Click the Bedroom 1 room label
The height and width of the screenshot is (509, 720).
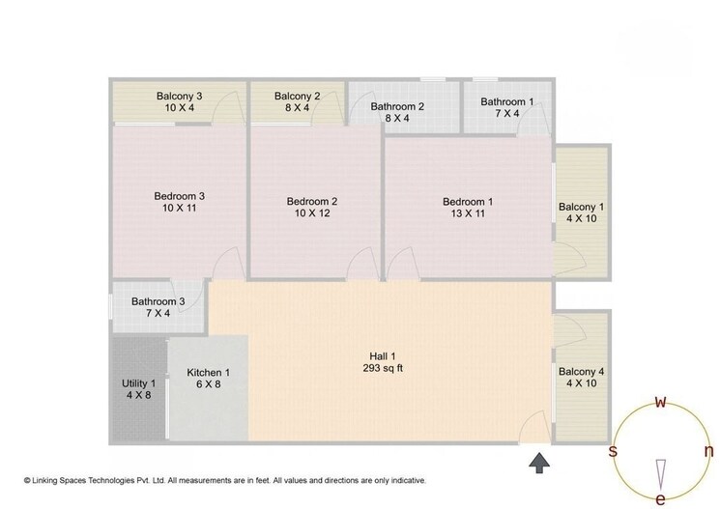pos(468,202)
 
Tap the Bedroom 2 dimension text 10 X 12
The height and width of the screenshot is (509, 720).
pos(312,212)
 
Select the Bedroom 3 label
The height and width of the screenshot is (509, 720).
pos(179,196)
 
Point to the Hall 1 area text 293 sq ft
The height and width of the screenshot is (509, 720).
pos(383,368)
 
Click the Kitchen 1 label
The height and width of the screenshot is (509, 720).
pos(208,372)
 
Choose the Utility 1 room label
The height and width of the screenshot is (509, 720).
pos(138,383)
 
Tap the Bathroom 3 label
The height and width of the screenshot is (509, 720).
pos(158,301)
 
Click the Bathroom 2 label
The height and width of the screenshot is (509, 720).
pos(397,106)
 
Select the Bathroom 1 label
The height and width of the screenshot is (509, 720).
pos(507,101)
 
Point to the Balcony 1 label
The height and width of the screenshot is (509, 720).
pos(582,207)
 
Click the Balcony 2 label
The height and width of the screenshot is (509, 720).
pos(297,96)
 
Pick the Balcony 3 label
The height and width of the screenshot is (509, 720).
pos(179,96)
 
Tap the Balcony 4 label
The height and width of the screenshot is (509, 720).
pos(582,371)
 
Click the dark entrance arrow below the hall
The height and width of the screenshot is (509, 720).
pos(539,463)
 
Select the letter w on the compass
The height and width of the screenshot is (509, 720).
pos(660,402)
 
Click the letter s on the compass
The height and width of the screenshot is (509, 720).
pos(613,451)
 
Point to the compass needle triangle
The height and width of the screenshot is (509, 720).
pos(660,474)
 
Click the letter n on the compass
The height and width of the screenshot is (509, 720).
pos(709,451)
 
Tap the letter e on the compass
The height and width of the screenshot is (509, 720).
pos(660,499)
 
